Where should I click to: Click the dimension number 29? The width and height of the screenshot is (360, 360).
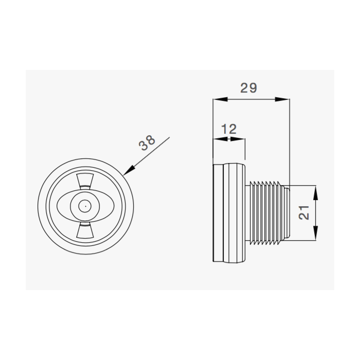tap(248, 88)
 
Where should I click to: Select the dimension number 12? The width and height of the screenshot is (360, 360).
tap(229, 129)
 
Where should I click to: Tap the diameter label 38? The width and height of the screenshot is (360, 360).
tap(147, 143)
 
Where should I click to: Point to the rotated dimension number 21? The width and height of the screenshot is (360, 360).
tap(304, 212)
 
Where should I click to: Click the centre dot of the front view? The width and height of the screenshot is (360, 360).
tap(85, 206)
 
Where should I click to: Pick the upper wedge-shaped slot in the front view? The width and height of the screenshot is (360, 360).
tap(85, 182)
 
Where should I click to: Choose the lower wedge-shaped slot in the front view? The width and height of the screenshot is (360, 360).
tap(85, 230)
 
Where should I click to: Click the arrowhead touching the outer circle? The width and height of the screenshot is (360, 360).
tap(129, 170)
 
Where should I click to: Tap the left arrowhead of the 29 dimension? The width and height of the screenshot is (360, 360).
tap(221, 99)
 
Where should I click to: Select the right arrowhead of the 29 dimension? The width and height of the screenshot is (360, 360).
tap(282, 99)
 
